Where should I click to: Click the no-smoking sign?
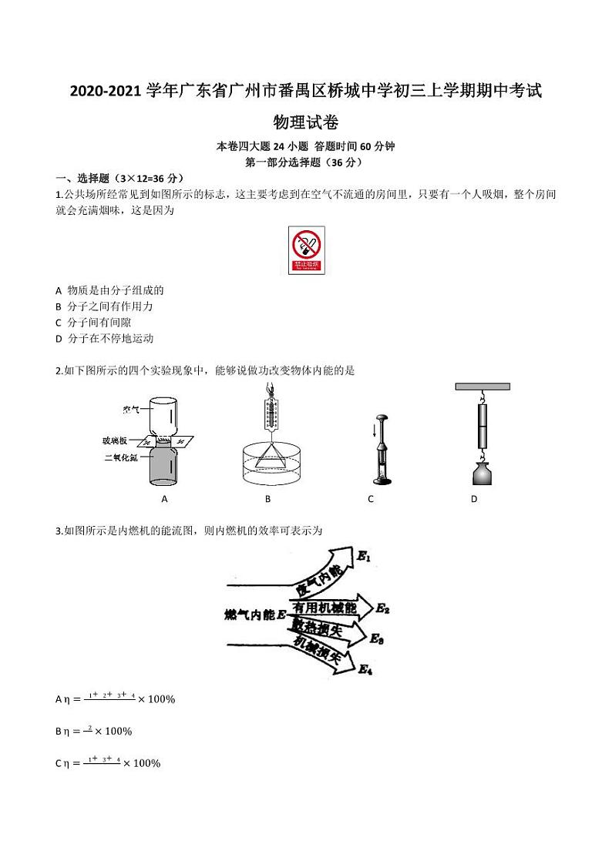coord(307,250)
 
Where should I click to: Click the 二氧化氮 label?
coord(121,457)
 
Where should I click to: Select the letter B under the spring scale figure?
coord(267,499)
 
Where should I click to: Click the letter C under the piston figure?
coord(371,499)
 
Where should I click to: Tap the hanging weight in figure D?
coord(482,471)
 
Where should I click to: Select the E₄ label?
coord(365,670)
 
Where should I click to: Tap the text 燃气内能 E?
coord(255,614)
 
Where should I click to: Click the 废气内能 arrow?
coord(316,578)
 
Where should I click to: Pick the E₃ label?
coord(377,638)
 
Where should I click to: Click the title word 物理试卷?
coord(306,122)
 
